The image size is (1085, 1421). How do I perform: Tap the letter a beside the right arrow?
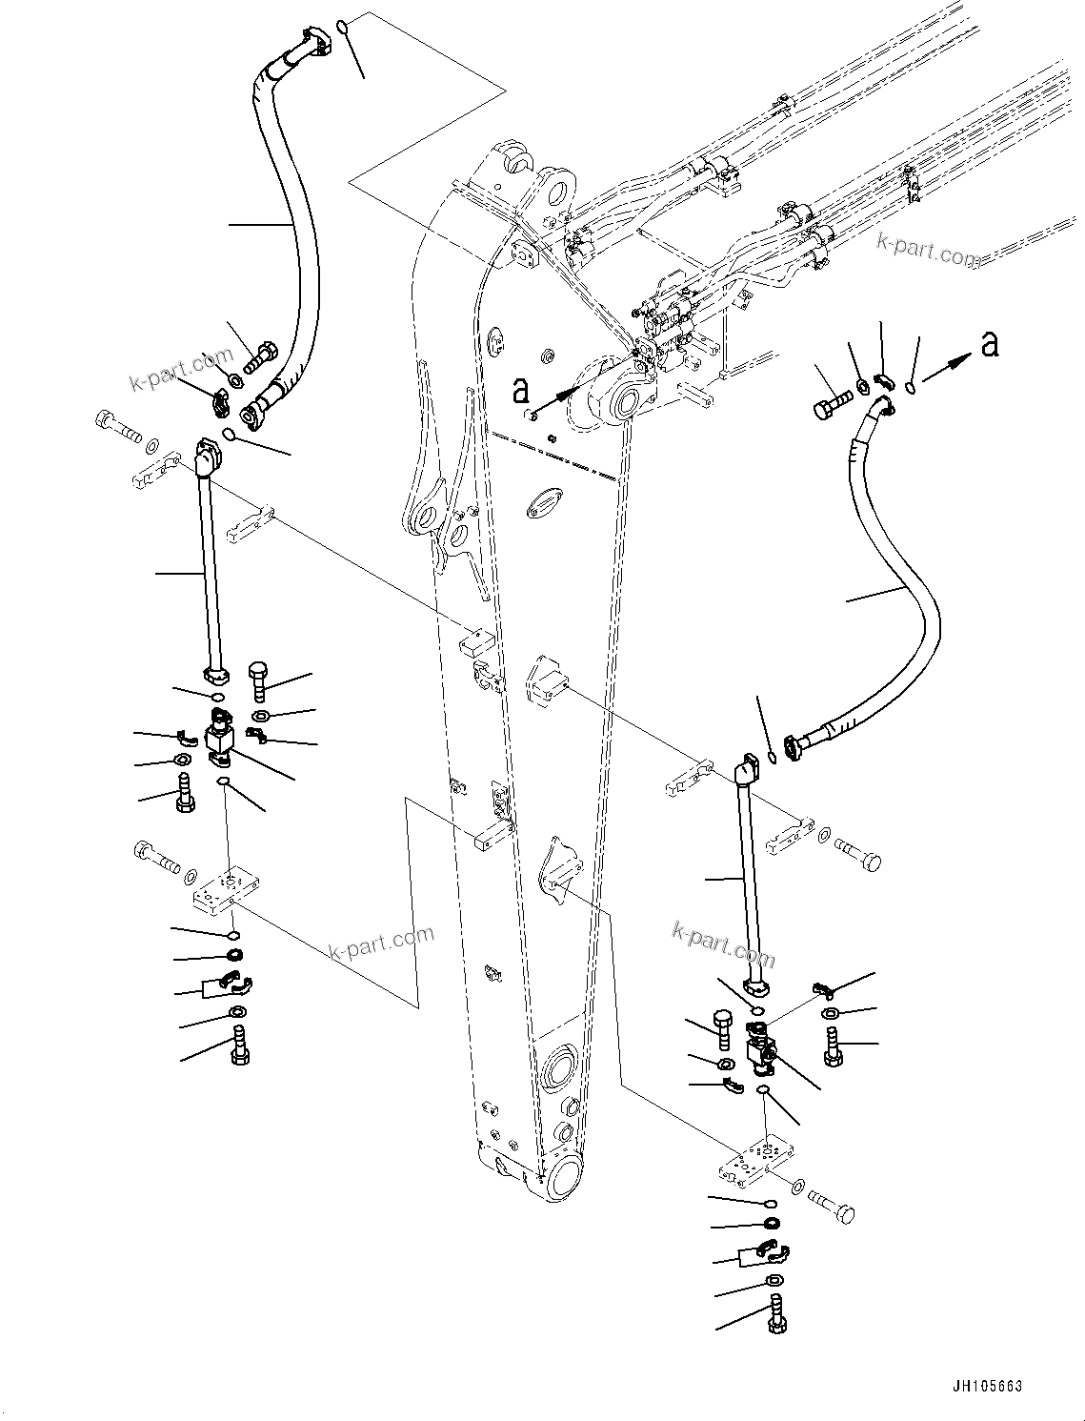click(x=991, y=344)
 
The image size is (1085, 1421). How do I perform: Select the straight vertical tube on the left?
click(x=211, y=572)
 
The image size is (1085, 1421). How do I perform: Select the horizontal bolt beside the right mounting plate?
click(x=834, y=1208)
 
